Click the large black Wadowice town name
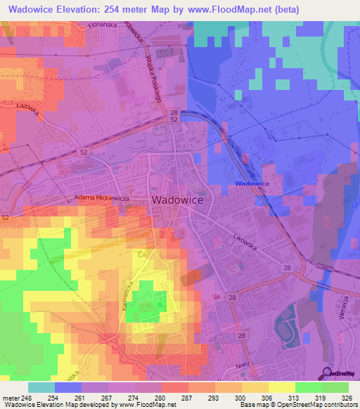coord(178,200)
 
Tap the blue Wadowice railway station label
coord(252,183)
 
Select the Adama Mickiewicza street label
coord(104,199)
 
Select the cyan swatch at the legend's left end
coord(41,387)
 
